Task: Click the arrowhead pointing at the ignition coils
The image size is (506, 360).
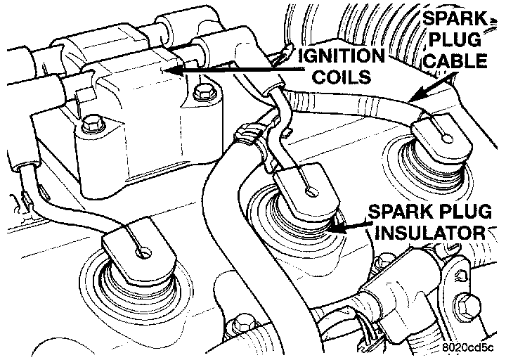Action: pyautogui.click(x=167, y=70)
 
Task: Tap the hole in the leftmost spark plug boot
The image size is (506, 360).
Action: pyautogui.click(x=143, y=250)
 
